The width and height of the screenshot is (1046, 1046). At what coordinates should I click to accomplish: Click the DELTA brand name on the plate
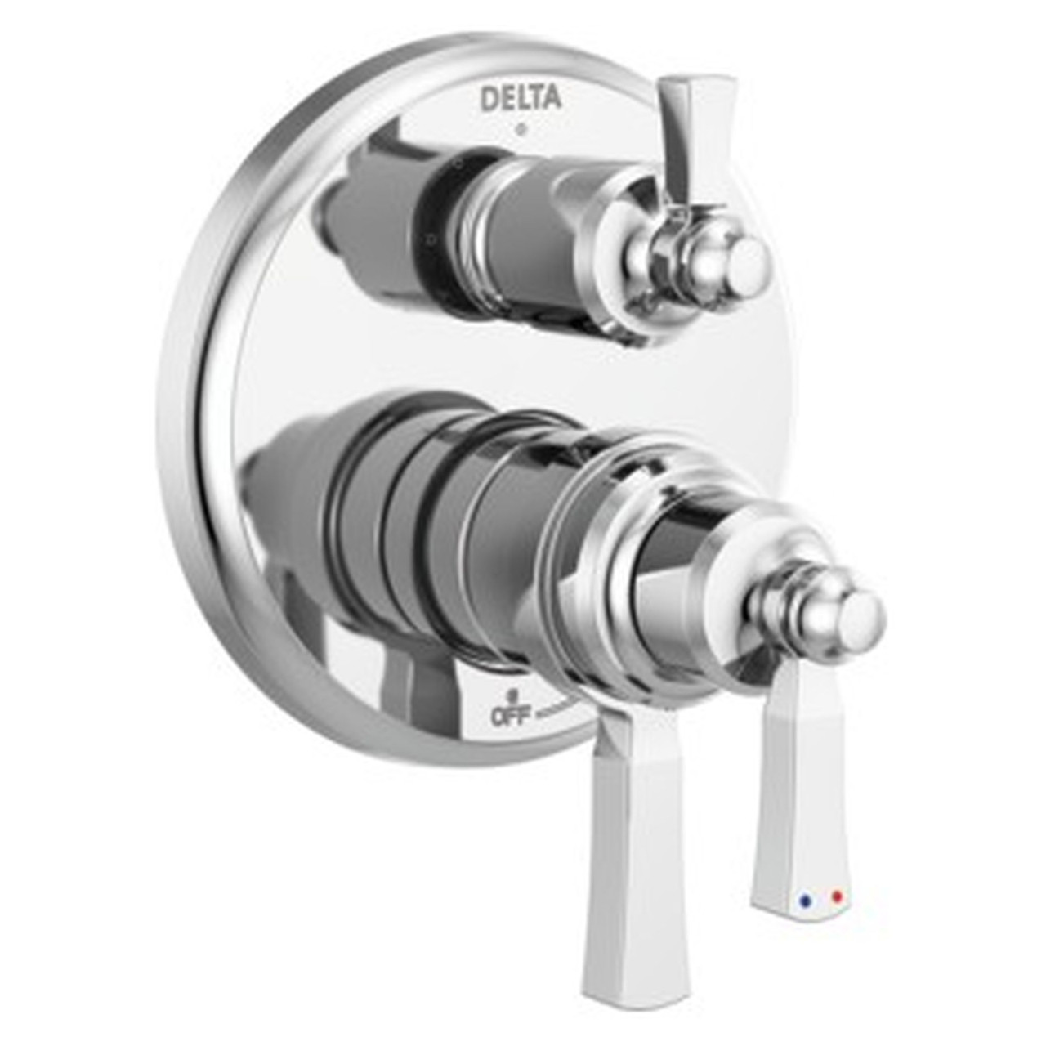pos(521,98)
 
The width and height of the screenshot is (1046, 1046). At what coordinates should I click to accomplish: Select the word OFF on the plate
pos(507,715)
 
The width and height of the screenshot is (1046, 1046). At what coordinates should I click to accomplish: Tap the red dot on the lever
pos(835,896)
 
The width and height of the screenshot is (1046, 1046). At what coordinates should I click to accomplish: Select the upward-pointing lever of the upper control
pos(682,139)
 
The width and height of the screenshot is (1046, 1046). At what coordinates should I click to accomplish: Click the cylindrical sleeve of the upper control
pos(523,237)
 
